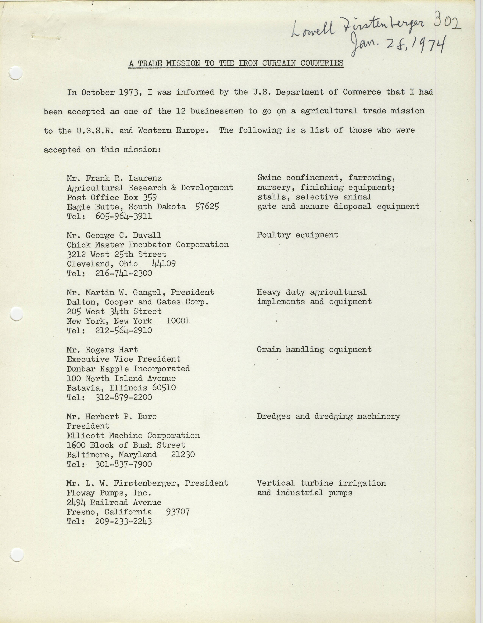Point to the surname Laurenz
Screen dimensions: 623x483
tap(145, 178)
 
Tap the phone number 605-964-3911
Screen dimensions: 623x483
tap(123, 216)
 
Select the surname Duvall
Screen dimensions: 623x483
tap(147, 235)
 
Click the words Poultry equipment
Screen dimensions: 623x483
tap(297, 235)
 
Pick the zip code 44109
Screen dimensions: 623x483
tap(164, 264)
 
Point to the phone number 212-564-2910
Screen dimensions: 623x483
tap(123, 331)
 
